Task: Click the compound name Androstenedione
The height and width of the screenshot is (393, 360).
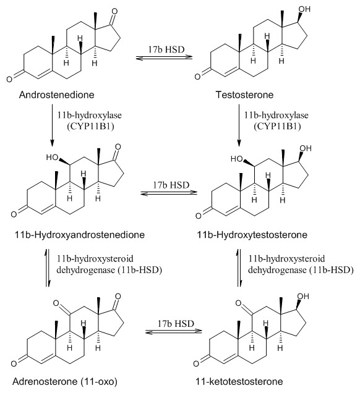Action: pyautogui.click(x=57, y=95)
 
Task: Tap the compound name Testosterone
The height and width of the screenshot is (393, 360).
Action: pyautogui.click(x=244, y=95)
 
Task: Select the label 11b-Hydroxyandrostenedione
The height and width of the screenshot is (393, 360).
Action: pyautogui.click(x=80, y=235)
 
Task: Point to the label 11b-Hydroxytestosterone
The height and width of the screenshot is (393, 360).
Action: pyautogui.click(x=252, y=235)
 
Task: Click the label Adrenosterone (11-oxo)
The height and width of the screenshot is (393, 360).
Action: pyautogui.click(x=65, y=382)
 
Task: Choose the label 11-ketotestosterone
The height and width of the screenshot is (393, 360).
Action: pyautogui.click(x=239, y=382)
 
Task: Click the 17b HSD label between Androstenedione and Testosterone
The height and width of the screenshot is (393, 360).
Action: pyautogui.click(x=166, y=49)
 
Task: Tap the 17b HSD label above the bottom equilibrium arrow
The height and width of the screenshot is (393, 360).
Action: pyautogui.click(x=176, y=323)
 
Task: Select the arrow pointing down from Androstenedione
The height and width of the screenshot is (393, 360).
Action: pyautogui.click(x=52, y=125)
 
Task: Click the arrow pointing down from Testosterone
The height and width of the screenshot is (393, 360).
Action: pyautogui.click(x=239, y=125)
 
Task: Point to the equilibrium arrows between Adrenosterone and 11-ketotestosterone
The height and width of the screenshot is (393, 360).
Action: pyautogui.click(x=174, y=332)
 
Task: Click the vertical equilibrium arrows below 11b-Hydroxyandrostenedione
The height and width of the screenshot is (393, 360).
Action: pyautogui.click(x=48, y=268)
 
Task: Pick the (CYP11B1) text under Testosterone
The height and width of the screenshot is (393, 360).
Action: pyautogui.click(x=277, y=126)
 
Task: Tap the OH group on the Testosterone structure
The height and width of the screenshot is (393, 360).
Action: pyautogui.click(x=304, y=9)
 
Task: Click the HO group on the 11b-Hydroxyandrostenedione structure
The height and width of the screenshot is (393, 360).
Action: pyautogui.click(x=52, y=158)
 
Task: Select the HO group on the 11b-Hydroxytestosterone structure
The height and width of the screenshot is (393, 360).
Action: pyautogui.click(x=237, y=159)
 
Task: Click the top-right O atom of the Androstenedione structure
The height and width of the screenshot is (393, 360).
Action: pyautogui.click(x=114, y=11)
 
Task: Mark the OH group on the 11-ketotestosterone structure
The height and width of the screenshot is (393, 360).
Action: pyautogui.click(x=303, y=296)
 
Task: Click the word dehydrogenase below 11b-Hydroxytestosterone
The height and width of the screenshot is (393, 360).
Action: pyautogui.click(x=277, y=270)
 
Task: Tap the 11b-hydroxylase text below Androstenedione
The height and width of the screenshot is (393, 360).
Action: pyautogui.click(x=90, y=116)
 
